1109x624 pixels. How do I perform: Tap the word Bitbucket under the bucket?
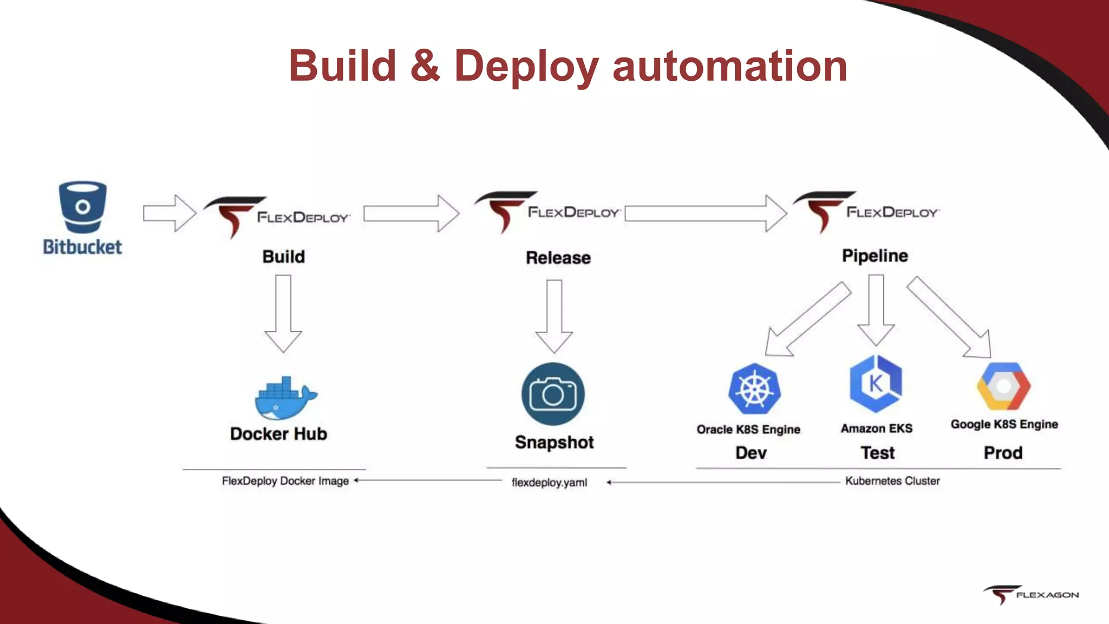pyautogui.click(x=82, y=247)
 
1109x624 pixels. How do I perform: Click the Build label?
pyautogui.click(x=283, y=257)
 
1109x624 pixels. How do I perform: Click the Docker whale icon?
pyautogui.click(x=285, y=399)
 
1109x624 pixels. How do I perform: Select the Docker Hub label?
pyautogui.click(x=278, y=434)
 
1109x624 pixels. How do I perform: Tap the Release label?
pyautogui.click(x=558, y=258)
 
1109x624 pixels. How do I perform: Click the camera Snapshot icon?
pyautogui.click(x=553, y=394)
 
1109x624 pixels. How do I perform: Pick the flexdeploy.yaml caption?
pyautogui.click(x=549, y=482)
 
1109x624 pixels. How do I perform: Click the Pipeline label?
pyautogui.click(x=875, y=256)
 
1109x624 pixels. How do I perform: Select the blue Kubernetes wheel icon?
pyautogui.click(x=754, y=389)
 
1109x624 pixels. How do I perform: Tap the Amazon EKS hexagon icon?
pyautogui.click(x=876, y=383)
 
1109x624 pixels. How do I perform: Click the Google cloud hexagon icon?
pyautogui.click(x=1003, y=386)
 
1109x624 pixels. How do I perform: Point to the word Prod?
pyautogui.click(x=1003, y=453)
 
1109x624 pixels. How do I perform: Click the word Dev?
pyautogui.click(x=751, y=453)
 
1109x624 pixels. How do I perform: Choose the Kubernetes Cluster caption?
pyautogui.click(x=892, y=481)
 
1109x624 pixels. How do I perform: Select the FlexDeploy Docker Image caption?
pyautogui.click(x=285, y=481)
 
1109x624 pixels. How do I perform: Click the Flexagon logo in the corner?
pyautogui.click(x=1030, y=594)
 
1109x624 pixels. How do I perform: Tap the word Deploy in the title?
pyautogui.click(x=526, y=66)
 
